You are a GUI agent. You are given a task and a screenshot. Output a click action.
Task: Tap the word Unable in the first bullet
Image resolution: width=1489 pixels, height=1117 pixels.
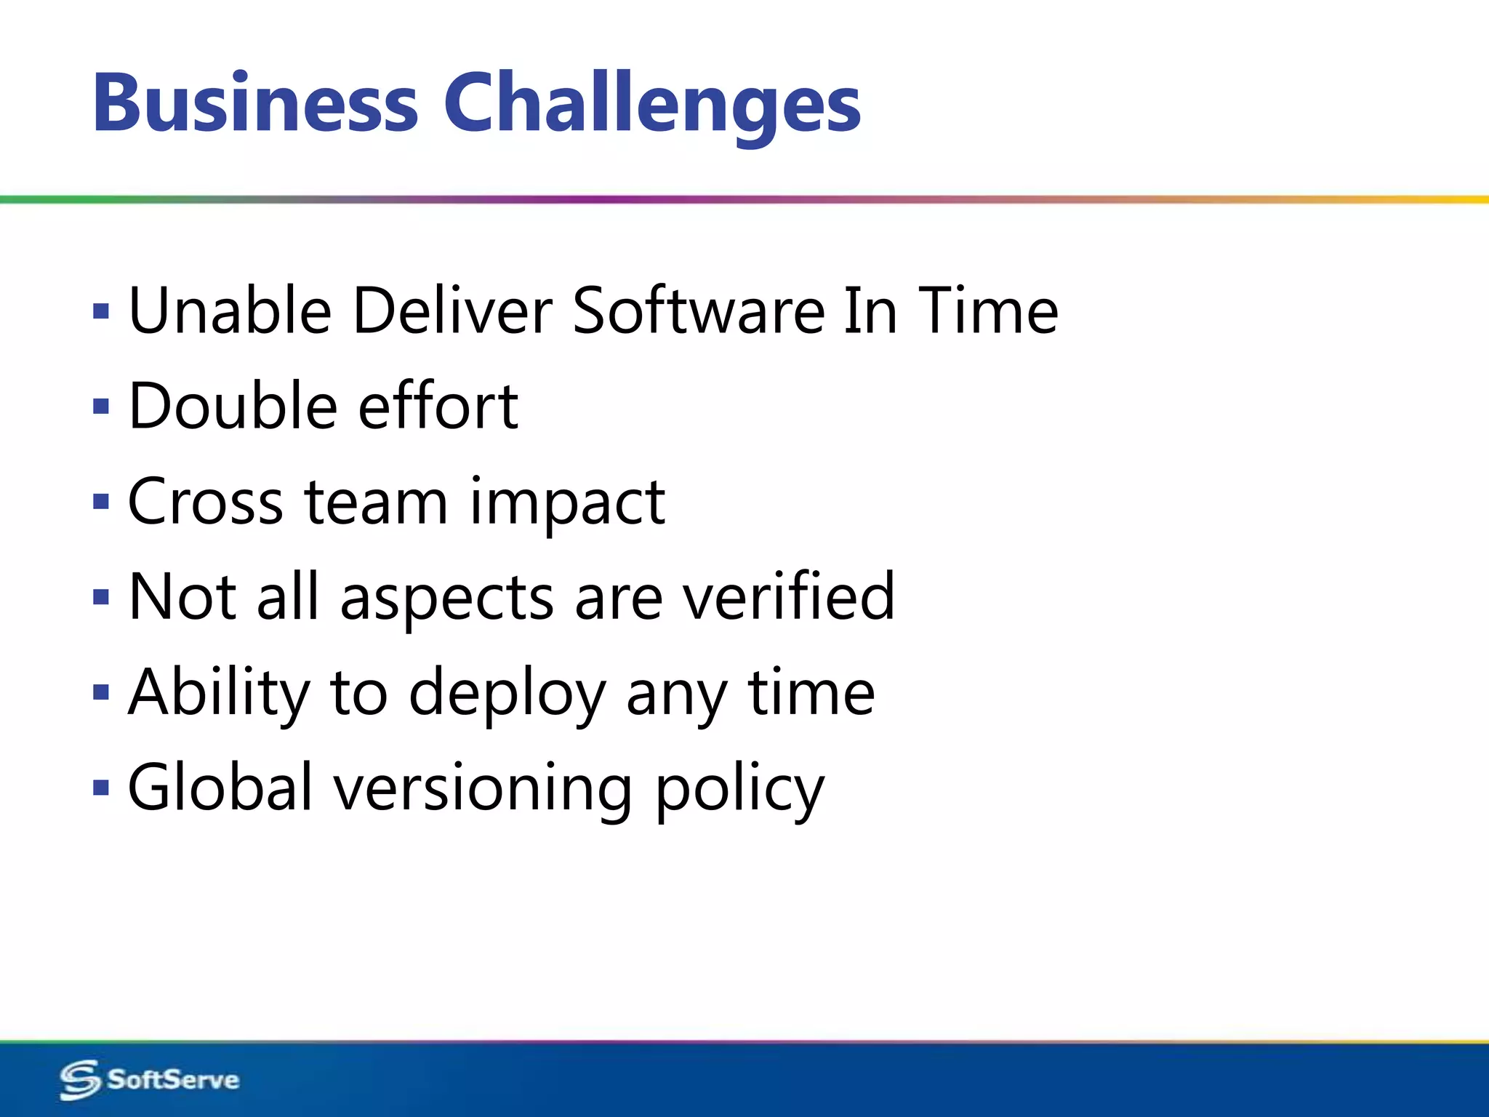coord(230,311)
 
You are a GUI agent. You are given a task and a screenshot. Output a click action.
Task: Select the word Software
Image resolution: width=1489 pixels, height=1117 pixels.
coord(698,311)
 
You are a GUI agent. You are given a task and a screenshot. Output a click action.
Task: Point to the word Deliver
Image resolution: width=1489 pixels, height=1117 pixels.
coord(451,311)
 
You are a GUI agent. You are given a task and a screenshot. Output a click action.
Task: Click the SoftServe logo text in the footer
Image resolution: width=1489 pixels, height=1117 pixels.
coord(173,1079)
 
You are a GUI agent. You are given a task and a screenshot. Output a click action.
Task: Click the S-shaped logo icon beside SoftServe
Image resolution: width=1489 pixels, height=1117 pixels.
coord(79,1080)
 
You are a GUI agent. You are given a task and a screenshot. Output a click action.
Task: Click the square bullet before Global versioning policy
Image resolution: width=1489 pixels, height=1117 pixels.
coord(101,788)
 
